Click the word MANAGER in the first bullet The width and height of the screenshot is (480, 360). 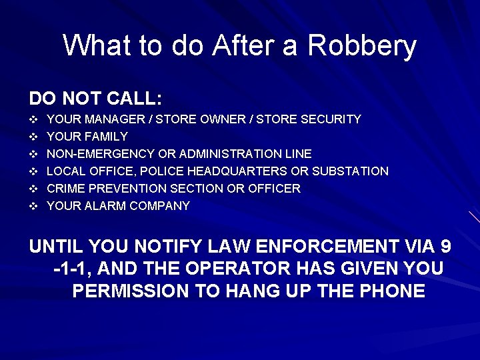[111, 119]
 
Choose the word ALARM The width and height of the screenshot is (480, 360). [106, 206]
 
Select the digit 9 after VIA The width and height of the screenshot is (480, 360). [446, 247]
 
